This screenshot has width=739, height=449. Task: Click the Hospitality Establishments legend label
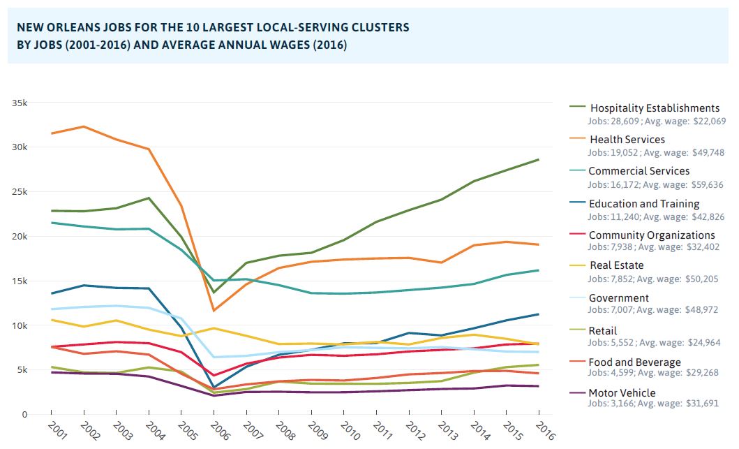point(655,108)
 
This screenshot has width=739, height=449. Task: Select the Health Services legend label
point(627,140)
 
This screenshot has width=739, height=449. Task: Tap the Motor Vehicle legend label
point(622,393)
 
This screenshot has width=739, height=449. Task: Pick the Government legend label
point(619,298)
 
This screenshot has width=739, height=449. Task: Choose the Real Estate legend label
point(616,265)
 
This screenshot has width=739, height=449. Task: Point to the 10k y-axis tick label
point(20,325)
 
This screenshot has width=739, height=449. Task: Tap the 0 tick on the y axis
point(24,415)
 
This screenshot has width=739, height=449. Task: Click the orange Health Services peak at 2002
point(84,126)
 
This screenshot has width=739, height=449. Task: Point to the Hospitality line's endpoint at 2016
point(539,160)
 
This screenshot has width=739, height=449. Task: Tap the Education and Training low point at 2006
point(215,387)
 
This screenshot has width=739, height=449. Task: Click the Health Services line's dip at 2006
point(215,310)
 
